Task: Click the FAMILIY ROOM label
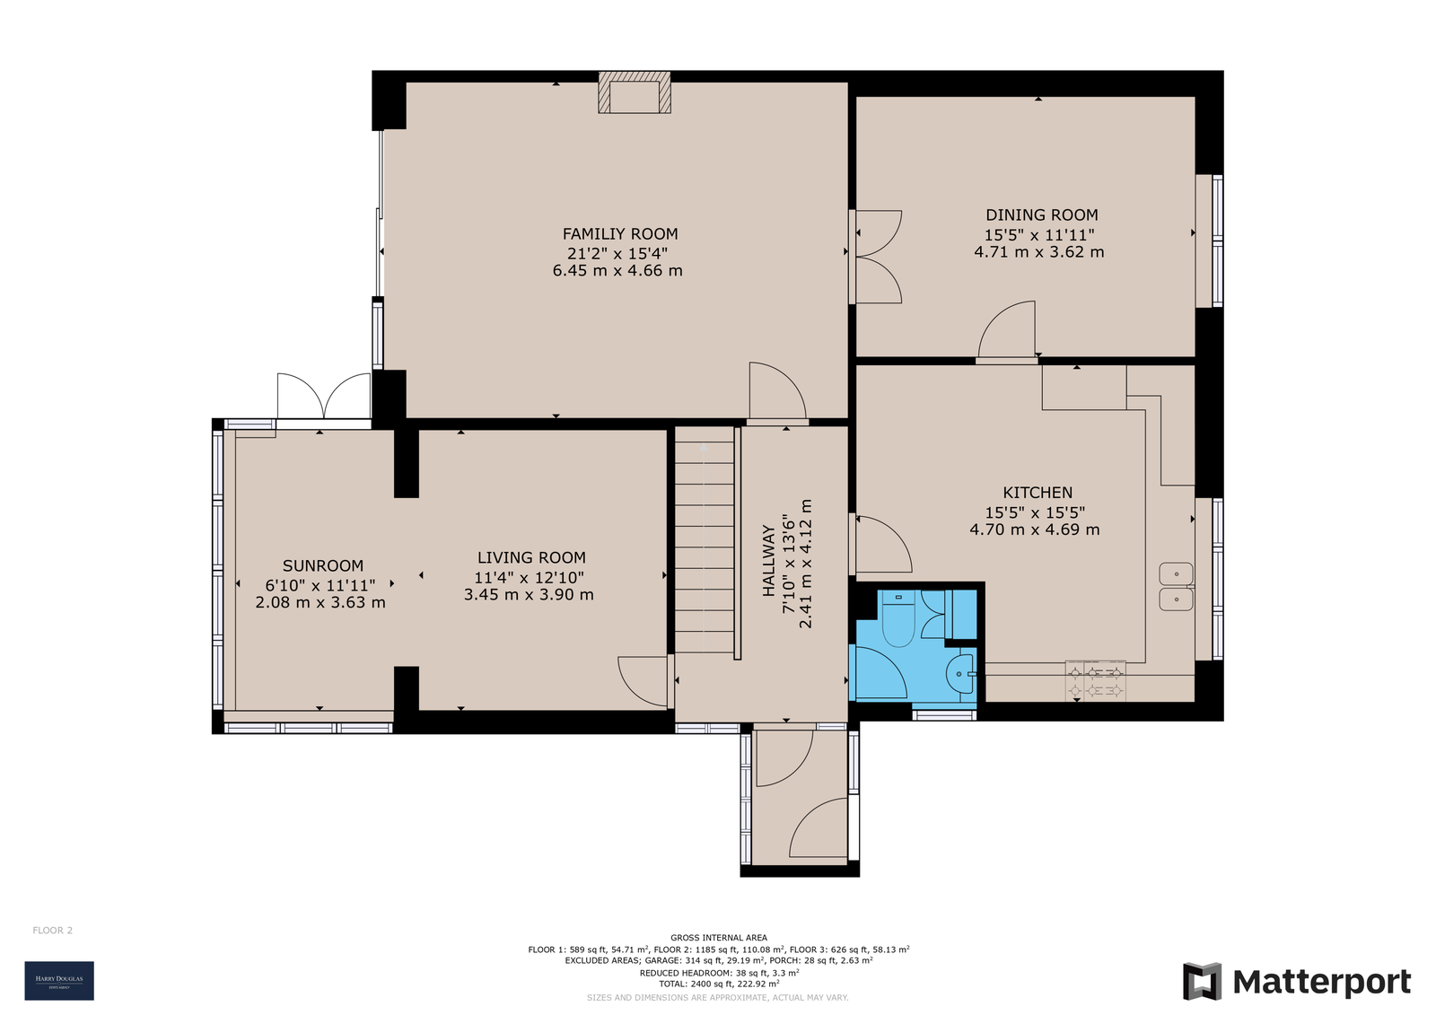coord(619,234)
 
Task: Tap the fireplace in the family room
coord(635,94)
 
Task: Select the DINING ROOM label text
coord(1041,215)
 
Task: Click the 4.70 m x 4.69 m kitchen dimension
coord(1034,529)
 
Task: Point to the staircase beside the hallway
coord(705,541)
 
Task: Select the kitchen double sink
coord(1175,587)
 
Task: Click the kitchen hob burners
coord(1095,680)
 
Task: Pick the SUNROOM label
coord(323,566)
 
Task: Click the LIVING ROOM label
coord(531,558)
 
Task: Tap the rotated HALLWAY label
coord(768,561)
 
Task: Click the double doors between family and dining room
coord(876,257)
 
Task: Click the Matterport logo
coord(1296,981)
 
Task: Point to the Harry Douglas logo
coord(59,980)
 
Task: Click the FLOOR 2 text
coord(53,931)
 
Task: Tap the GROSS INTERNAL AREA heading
coord(718,938)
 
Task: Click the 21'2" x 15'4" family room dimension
coord(617,253)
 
